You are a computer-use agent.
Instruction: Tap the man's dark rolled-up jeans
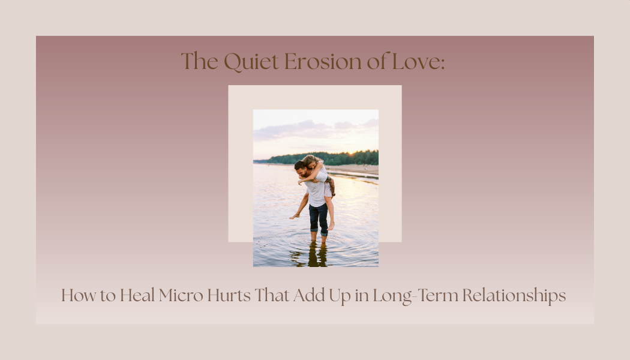pyautogui.click(x=319, y=217)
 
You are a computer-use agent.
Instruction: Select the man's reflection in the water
pyautogui.click(x=318, y=255)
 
